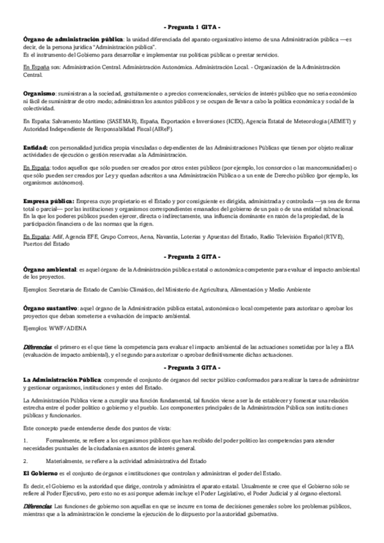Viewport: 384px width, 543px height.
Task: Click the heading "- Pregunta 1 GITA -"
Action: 192,28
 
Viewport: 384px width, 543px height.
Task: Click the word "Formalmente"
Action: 63,441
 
